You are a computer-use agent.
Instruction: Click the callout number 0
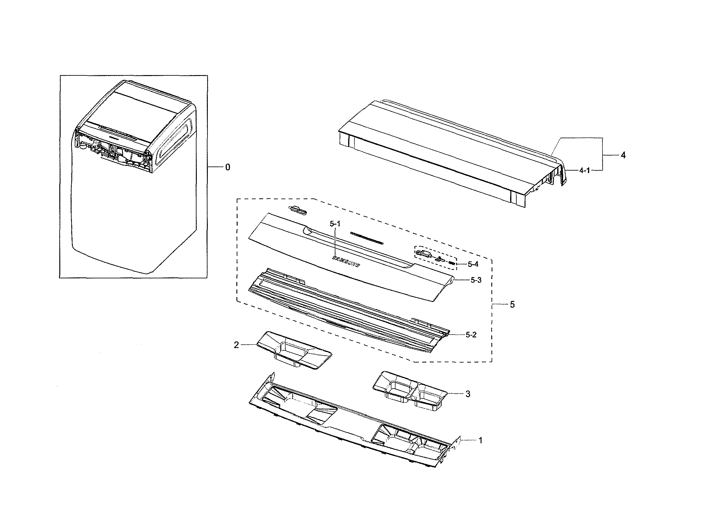[228, 167]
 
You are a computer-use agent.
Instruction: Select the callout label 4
[623, 155]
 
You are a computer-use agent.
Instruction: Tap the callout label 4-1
[584, 171]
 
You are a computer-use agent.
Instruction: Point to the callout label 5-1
[335, 224]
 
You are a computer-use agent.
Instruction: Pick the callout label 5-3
[476, 280]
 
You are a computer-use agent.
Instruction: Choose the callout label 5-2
[471, 335]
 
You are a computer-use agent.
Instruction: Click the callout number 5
[512, 305]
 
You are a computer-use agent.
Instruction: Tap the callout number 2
[236, 345]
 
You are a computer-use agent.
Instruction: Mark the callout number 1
[480, 440]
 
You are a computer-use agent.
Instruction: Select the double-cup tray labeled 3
[410, 393]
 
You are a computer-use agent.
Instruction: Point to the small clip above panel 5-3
[298, 210]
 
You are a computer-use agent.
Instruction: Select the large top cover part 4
[443, 149]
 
